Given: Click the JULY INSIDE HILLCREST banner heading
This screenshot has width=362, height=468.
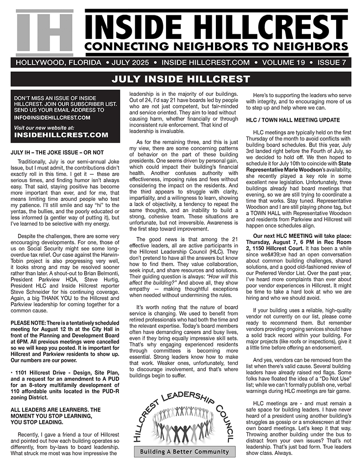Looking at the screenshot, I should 181,79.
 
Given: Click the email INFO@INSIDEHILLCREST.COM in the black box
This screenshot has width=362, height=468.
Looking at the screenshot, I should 52,118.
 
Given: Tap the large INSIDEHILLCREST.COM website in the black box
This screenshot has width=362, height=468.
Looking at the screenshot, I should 61,135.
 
